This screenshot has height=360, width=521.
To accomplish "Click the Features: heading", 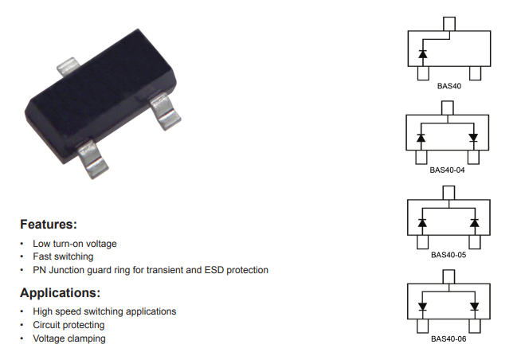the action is [x=49, y=224].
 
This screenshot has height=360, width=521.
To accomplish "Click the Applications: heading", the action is [x=60, y=292].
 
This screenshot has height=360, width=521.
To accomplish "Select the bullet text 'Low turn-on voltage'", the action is [x=75, y=244].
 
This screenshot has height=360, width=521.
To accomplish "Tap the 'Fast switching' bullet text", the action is [x=63, y=256].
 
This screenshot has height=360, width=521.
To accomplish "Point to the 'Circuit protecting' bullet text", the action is [x=69, y=325].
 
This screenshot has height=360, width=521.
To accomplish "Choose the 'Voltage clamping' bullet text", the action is [x=69, y=338].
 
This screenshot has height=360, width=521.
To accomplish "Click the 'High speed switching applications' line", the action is [x=104, y=311].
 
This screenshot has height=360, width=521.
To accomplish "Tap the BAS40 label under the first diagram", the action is [x=449, y=86].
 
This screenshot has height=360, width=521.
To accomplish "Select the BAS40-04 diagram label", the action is [x=447, y=170].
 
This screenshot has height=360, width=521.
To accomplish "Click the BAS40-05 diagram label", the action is [x=449, y=255].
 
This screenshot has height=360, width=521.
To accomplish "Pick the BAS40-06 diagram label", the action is [x=449, y=338].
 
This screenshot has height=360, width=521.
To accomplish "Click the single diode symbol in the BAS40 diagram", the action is [x=423, y=54].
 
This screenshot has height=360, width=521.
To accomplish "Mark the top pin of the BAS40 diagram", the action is [x=449, y=24].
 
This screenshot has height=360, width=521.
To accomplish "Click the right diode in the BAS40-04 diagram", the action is [x=473, y=138].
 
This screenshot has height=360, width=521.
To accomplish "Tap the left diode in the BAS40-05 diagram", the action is [x=422, y=222].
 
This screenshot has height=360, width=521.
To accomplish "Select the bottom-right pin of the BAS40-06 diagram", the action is [x=475, y=326].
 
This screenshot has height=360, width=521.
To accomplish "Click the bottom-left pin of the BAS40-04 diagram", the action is [x=421, y=157].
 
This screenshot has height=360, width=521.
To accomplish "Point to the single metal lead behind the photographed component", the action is [x=69, y=66].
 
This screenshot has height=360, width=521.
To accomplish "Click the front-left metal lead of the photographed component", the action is [x=93, y=159].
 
